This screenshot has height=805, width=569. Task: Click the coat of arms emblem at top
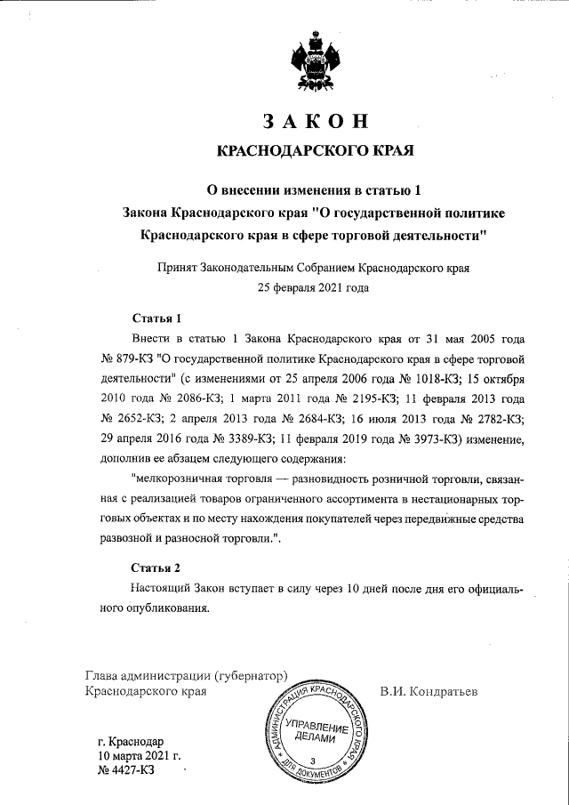(x=317, y=63)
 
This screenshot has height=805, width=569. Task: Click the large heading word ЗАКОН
(x=316, y=121)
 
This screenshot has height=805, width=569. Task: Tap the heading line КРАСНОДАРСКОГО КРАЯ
(x=316, y=152)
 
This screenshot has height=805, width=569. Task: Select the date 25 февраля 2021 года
(x=314, y=287)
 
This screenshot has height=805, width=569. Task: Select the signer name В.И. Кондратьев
(x=429, y=690)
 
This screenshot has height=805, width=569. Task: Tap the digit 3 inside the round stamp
(x=313, y=760)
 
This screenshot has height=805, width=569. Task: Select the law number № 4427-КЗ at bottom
(x=125, y=770)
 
